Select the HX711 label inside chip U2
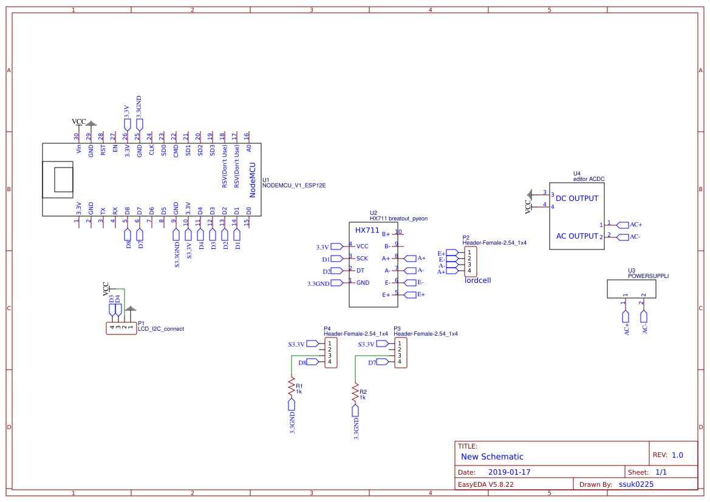367,231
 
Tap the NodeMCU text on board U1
253,179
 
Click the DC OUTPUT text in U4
577,198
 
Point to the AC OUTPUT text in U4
577,236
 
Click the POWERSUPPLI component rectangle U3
635,289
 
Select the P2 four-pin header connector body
471,261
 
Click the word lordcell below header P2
477,280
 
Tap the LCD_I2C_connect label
160,329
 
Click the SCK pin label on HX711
362,259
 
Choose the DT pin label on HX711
360,271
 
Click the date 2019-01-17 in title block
510,472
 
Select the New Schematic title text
492,456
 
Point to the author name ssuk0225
636,484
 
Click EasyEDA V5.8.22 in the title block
485,484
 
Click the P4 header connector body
331,353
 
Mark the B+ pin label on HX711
386,234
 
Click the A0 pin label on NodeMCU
248,148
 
